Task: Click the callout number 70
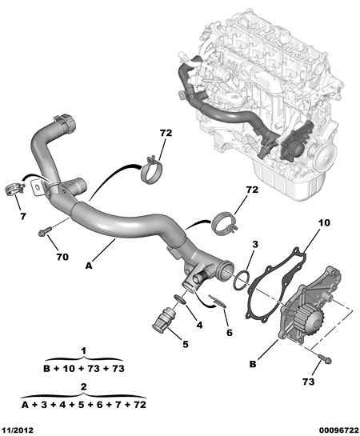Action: click(62, 257)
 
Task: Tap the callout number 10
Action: click(324, 222)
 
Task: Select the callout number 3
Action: click(255, 244)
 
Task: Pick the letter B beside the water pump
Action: click(253, 364)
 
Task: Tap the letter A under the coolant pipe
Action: click(89, 266)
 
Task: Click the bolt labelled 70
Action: click(45, 231)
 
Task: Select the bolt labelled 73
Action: click(325, 358)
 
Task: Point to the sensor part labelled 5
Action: click(164, 321)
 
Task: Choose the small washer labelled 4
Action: click(180, 299)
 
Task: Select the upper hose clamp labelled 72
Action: click(151, 170)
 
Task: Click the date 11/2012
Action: click(18, 430)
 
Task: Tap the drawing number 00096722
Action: click(338, 430)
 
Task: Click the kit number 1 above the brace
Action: click(84, 350)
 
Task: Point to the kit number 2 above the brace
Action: click(84, 386)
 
